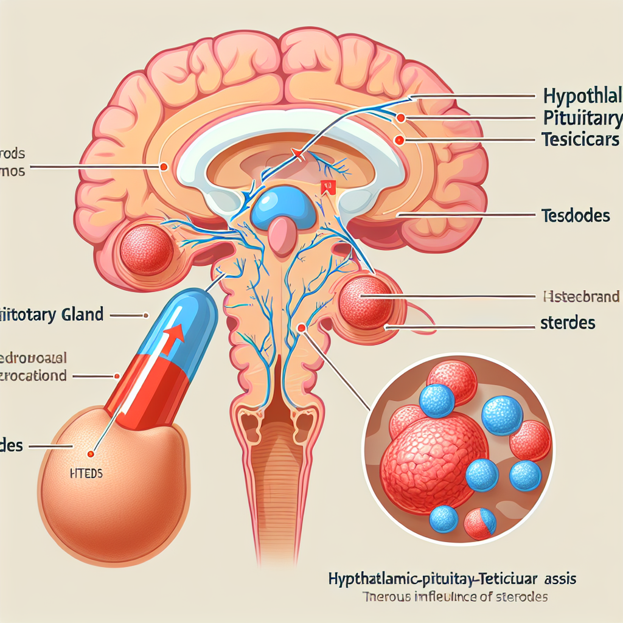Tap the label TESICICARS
point(579,139)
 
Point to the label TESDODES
point(574,215)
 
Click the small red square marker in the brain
point(328,187)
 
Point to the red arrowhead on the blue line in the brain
point(297,154)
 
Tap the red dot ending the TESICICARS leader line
point(399,140)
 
